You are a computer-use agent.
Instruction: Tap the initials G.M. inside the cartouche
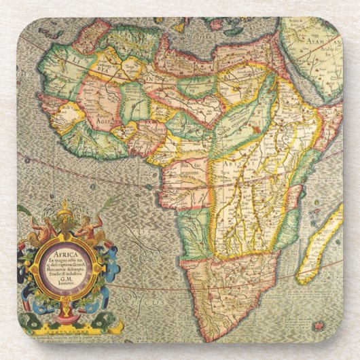[x=67, y=281]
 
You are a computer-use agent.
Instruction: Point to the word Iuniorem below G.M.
[x=67, y=286]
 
